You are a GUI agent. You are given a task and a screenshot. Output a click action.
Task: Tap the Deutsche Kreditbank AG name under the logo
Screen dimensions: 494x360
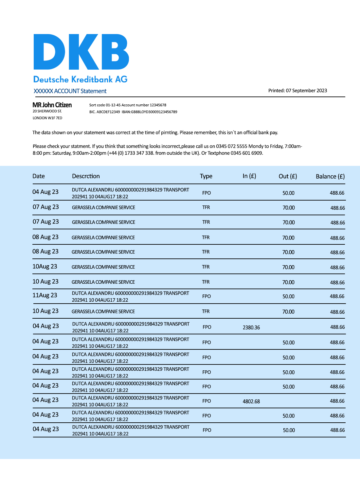pos(80,79)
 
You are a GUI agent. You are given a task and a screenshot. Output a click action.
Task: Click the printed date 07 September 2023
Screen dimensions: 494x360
pos(306,91)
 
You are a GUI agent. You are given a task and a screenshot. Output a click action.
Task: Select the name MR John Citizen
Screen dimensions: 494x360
pos(52,105)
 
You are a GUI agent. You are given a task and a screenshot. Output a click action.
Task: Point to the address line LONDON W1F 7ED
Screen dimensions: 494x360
pos(47,118)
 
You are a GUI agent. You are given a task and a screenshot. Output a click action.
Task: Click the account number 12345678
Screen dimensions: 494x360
pos(158,105)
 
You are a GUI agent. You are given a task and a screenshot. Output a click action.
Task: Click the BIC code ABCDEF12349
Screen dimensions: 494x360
pos(108,112)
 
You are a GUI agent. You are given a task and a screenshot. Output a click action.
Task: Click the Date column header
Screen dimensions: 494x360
pos(39,176)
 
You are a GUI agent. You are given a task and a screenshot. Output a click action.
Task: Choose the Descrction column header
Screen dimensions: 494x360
pos(86,176)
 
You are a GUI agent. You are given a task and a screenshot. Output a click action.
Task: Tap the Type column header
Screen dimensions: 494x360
pos(206,176)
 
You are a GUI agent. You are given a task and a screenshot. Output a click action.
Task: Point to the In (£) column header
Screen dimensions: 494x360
pos(249,176)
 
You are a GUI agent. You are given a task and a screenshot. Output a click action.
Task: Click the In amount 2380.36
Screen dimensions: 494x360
pos(251,327)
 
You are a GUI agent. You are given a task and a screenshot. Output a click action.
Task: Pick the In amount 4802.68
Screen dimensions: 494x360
pos(251,401)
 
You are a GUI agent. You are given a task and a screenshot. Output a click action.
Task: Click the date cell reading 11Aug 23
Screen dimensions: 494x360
pos(45,295)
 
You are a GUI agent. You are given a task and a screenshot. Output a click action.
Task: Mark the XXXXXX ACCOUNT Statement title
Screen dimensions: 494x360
pos(70,91)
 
